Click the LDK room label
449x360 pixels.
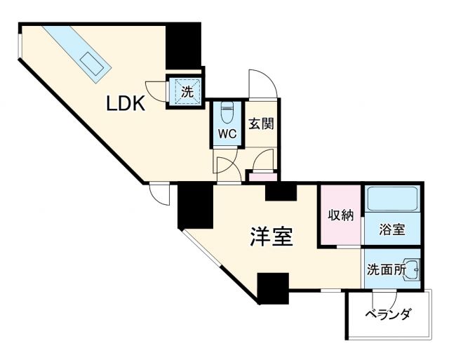[x=126, y=104]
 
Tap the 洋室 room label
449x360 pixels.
[x=271, y=236]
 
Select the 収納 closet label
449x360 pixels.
[x=341, y=215]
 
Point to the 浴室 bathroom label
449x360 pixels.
[x=391, y=229]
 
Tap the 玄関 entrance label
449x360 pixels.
[x=260, y=124]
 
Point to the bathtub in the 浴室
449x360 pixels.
[x=391, y=199]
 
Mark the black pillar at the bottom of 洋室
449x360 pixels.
[x=273, y=288]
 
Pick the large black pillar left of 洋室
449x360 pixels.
[x=194, y=206]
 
